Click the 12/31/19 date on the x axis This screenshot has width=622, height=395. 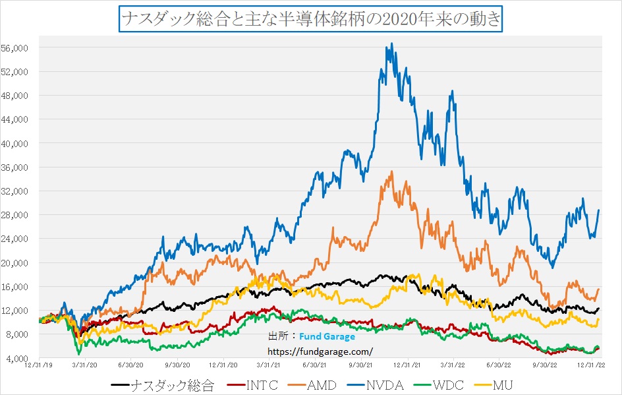coord(38,364)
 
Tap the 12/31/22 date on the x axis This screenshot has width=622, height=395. coord(592,364)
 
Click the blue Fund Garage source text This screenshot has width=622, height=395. coord(326,337)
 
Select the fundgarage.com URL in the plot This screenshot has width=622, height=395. coord(319,351)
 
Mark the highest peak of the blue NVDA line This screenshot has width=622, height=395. coord(392,44)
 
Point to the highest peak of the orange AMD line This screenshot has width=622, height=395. coord(392,171)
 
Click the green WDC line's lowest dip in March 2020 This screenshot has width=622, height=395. coord(79,354)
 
